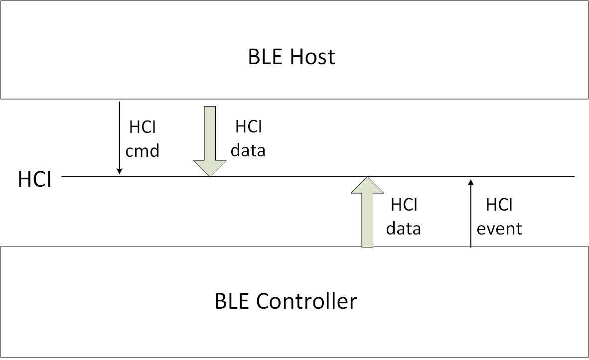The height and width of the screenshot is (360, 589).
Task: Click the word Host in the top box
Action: (x=313, y=57)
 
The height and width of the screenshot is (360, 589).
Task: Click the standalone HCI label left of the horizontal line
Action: (x=34, y=180)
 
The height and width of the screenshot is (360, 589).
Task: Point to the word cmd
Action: (x=143, y=150)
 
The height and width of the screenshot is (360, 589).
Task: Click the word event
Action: (x=499, y=229)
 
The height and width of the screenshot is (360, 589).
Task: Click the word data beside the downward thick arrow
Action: (x=249, y=150)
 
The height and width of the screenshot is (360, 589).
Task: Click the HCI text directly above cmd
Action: (x=143, y=127)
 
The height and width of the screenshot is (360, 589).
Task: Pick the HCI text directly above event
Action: (x=499, y=205)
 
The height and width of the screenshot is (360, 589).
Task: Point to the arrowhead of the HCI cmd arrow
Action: (x=120, y=171)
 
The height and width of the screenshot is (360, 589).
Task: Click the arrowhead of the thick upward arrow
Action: (x=367, y=185)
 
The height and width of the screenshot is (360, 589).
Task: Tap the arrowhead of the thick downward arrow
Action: (x=210, y=168)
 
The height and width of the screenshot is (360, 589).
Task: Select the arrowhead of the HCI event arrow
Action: (x=470, y=182)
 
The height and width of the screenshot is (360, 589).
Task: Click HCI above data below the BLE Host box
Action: (x=249, y=127)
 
